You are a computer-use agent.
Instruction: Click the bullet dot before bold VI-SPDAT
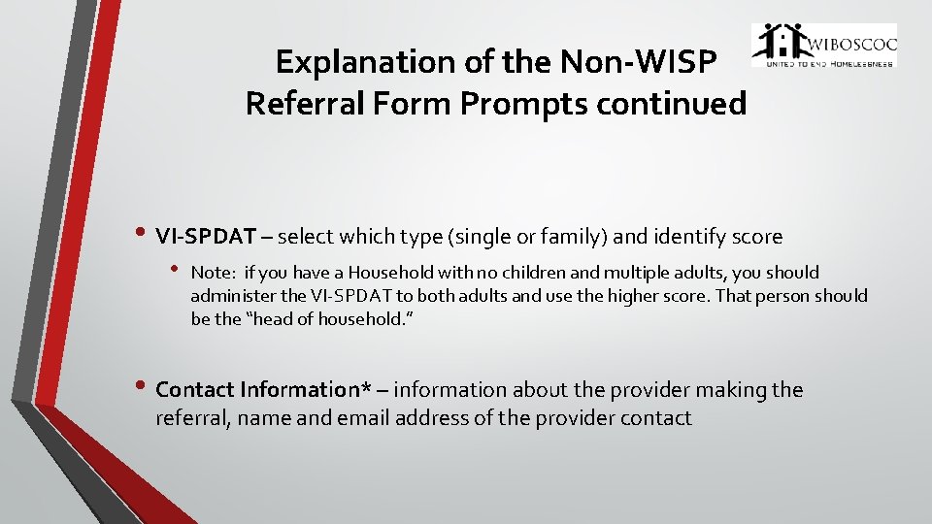(143, 234)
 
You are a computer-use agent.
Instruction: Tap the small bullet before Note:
(176, 269)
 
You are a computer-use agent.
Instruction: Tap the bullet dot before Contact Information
(143, 386)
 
